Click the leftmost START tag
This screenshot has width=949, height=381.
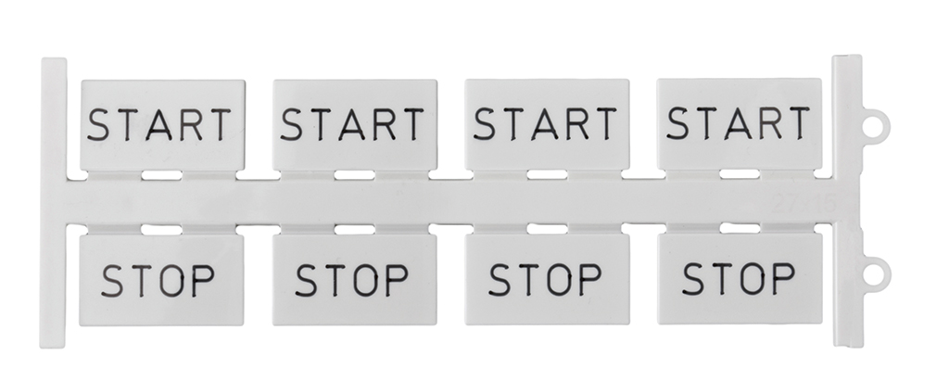[163, 125]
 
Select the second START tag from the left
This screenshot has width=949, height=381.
[355, 125]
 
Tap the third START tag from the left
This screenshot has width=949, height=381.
[547, 124]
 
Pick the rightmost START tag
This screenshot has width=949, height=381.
[740, 123]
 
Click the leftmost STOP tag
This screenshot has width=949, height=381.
[161, 280]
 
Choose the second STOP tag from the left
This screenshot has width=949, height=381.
[354, 279]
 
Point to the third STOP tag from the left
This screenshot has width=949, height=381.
[547, 279]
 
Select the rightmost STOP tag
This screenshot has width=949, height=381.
[740, 278]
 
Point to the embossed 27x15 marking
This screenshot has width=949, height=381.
[803, 204]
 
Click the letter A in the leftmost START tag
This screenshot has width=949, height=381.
[159, 125]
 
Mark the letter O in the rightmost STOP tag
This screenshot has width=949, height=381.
[753, 279]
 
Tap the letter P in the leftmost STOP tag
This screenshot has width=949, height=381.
[203, 281]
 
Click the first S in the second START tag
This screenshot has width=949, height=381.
[291, 125]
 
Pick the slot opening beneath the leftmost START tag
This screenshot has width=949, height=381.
[162, 175]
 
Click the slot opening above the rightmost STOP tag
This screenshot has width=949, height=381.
[740, 228]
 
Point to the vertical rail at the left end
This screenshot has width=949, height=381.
[53, 203]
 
